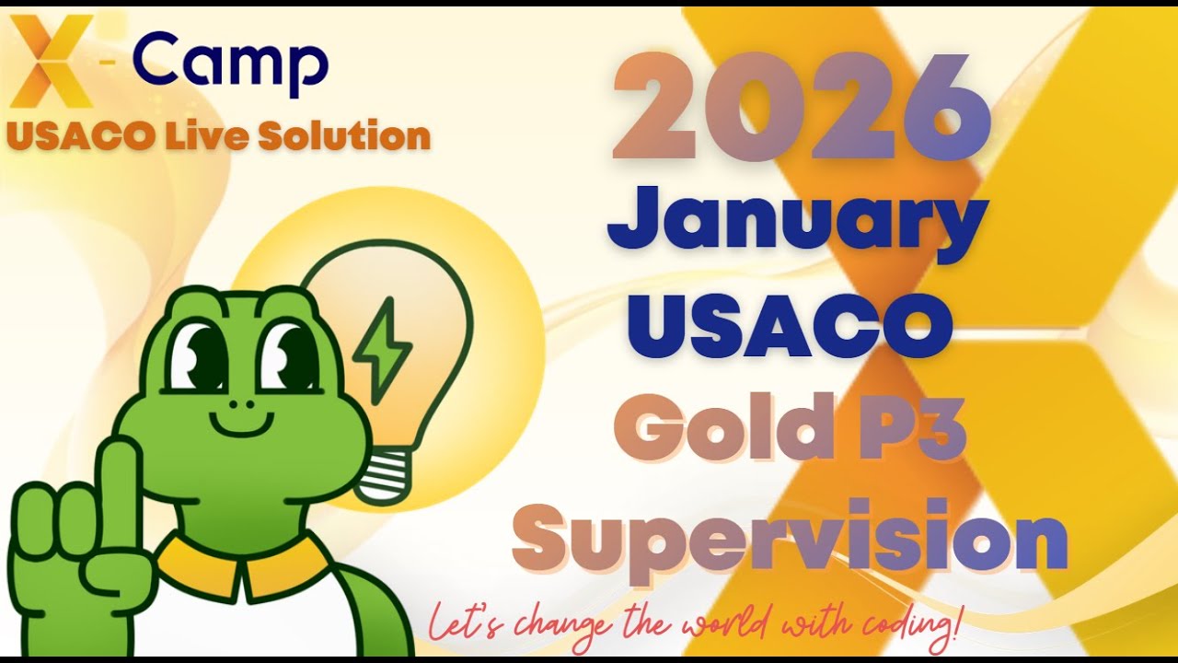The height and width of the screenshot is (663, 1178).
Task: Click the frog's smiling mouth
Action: click(244, 422)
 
